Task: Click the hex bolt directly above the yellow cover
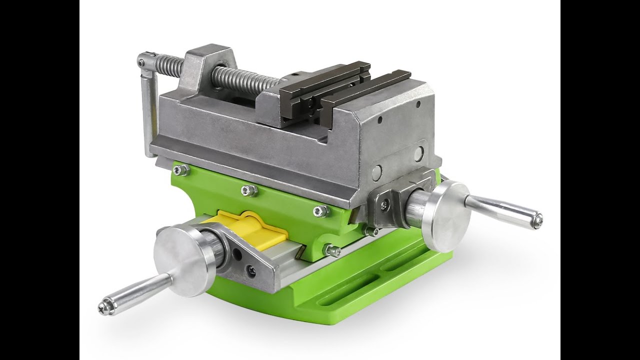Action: coord(248,190)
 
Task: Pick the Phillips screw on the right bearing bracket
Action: coord(383,203)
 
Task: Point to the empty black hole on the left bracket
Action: coord(238,254)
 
